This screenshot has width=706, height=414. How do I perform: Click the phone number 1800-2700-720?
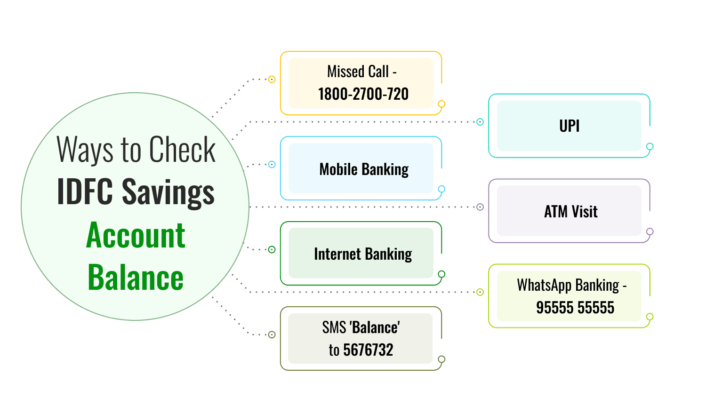pyautogui.click(x=363, y=94)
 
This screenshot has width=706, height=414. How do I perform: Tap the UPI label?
pyautogui.click(x=569, y=126)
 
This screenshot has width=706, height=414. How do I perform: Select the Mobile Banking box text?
pyautogui.click(x=364, y=169)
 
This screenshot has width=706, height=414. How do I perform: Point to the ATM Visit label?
pyautogui.click(x=570, y=212)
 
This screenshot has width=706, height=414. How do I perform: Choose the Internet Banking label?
pyautogui.click(x=363, y=255)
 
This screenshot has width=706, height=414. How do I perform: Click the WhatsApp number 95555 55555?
pyautogui.click(x=575, y=308)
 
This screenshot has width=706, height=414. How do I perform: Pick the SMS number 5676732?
pyautogui.click(x=368, y=350)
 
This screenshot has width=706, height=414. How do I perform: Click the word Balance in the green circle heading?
pyautogui.click(x=136, y=278)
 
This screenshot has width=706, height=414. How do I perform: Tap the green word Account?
pyautogui.click(x=136, y=235)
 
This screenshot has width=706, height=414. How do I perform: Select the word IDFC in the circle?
pyautogui.click(x=85, y=192)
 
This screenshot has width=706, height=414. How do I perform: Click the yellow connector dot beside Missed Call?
pyautogui.click(x=272, y=80)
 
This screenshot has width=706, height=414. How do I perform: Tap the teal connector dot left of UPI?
pyautogui.click(x=480, y=122)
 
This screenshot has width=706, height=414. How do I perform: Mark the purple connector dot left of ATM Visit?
pyautogui.click(x=480, y=207)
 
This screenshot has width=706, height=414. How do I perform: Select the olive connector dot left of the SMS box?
pyautogui.click(x=272, y=335)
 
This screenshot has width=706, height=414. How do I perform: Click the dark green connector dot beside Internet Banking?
pyautogui.click(x=272, y=250)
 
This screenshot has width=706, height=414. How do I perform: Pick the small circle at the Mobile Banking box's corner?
pyautogui.click(x=441, y=189)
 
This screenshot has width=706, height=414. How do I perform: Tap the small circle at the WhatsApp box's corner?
pyautogui.click(x=650, y=317)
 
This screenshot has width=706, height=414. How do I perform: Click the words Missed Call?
pyautogui.click(x=358, y=72)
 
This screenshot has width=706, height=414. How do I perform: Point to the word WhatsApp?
pyautogui.click(x=544, y=285)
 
